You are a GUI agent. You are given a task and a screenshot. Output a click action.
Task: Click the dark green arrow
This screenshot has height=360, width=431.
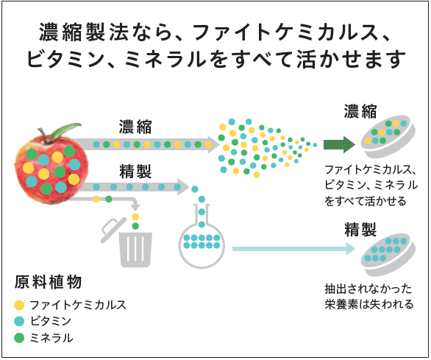339,144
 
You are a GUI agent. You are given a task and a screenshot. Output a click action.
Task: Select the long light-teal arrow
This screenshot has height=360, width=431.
293,249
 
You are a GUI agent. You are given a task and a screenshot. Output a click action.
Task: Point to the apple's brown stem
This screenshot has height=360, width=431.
43,133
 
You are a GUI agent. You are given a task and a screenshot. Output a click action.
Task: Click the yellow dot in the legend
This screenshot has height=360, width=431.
19,305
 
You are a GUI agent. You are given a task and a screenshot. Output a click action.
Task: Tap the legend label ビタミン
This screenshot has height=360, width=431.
51,321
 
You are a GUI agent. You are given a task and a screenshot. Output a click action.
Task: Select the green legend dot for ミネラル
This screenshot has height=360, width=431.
19,338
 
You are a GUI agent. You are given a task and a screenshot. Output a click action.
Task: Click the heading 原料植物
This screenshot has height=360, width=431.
49,282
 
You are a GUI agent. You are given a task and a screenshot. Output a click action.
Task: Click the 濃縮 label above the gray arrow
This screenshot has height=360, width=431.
135,127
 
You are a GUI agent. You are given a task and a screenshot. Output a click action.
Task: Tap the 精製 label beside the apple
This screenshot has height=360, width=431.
135,172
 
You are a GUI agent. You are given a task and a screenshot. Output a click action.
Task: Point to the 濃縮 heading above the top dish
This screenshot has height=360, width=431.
360,111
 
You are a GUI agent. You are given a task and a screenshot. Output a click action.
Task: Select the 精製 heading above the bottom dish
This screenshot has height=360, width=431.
360,229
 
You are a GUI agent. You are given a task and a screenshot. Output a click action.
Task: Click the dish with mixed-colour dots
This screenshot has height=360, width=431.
388,137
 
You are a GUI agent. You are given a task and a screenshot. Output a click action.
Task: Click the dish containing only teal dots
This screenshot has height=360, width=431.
388,255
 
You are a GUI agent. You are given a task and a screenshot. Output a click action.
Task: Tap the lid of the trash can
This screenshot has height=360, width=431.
113,230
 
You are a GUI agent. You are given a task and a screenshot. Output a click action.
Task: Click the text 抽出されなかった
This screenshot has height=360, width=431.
368,289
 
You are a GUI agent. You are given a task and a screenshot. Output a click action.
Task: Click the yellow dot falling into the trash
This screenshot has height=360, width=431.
135,217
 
